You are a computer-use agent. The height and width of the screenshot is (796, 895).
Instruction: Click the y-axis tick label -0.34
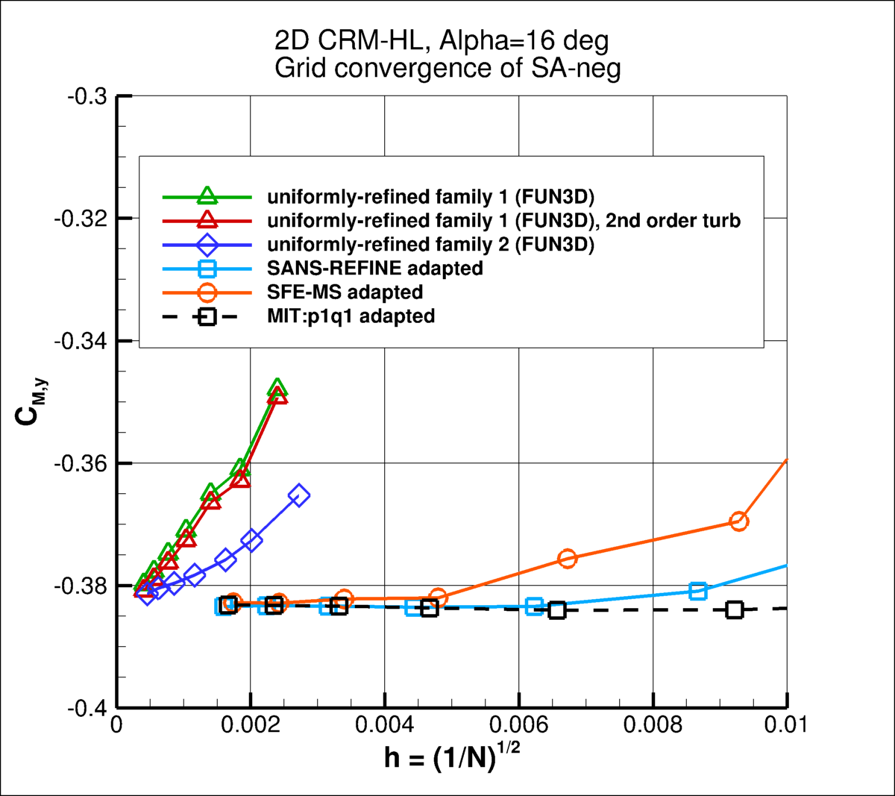[81, 341]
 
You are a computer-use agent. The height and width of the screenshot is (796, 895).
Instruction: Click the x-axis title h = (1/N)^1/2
[452, 757]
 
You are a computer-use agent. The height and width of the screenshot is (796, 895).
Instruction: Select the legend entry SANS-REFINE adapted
[375, 268]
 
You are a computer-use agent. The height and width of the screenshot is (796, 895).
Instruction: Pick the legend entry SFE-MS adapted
[345, 292]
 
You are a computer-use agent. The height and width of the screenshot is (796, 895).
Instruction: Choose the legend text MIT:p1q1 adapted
[351, 316]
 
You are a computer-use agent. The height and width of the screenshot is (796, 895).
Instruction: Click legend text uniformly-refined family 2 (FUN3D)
[430, 245]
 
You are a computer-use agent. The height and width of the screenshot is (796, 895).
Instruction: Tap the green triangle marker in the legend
[207, 196]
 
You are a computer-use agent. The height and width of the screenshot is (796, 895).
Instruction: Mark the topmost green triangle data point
[277, 387]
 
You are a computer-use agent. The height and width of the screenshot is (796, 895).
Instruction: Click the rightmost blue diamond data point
[299, 495]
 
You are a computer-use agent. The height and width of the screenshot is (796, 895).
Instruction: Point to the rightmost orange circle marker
[738, 521]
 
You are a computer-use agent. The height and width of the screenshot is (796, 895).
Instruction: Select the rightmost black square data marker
[735, 609]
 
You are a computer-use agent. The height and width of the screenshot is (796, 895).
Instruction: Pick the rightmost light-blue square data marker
[697, 591]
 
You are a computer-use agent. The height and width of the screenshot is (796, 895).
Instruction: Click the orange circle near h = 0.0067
[567, 558]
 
